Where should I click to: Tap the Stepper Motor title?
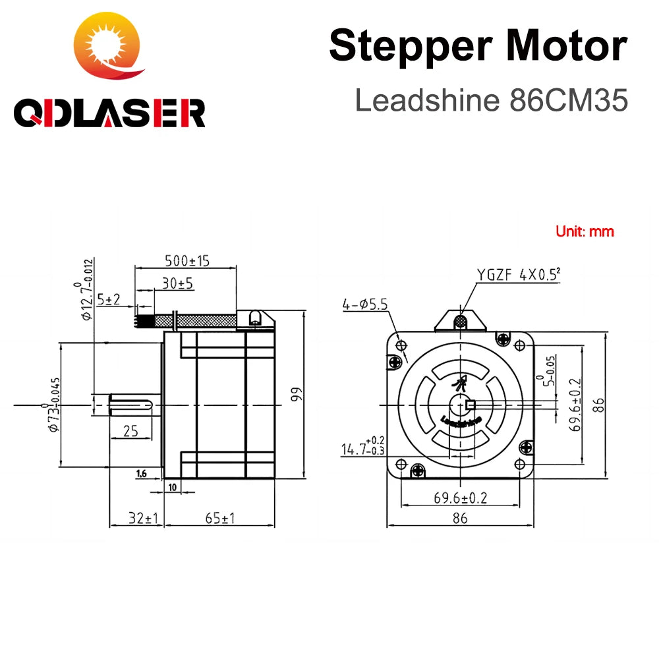coord(478,46)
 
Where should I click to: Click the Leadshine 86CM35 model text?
coord(491,100)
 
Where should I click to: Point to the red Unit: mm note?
coord(585,231)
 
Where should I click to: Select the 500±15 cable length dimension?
coord(186,260)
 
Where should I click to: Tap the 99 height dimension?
coord(296,394)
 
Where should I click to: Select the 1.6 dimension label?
coord(141,473)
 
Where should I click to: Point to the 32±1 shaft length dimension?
coord(136,518)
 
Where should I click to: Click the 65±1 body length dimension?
coord(219,518)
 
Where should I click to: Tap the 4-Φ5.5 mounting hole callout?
coord(364,304)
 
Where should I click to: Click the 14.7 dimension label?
coord(359,449)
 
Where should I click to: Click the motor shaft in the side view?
coord(132,403)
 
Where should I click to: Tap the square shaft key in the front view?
coord(470,405)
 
